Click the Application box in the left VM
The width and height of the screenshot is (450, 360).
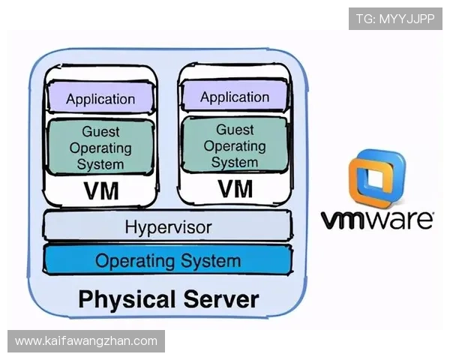coord(100,97)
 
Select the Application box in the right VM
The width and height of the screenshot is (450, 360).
coord(235,95)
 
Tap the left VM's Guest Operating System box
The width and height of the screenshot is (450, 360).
coord(100,147)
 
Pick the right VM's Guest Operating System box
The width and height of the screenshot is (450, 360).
coord(235,145)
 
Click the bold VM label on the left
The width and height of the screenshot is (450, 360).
coord(101,190)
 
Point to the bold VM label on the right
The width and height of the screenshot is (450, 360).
coord(235,188)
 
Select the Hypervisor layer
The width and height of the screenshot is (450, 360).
coord(167,226)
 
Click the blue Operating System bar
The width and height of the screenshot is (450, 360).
coord(167,260)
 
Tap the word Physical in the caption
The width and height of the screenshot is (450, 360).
coord(127,299)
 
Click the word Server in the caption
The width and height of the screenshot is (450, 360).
coord(221,298)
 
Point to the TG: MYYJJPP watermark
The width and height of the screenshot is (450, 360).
coord(395,19)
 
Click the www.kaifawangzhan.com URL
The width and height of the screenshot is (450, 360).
coord(86,341)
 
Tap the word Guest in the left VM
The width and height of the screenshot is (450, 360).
coord(100,132)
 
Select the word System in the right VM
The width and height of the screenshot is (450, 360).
coord(235,162)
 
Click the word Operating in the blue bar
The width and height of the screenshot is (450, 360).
coord(135,262)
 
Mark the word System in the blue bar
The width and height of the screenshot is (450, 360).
coord(211,261)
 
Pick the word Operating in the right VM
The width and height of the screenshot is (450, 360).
coord(235,146)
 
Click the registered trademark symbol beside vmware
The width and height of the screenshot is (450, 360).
coord(432,214)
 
